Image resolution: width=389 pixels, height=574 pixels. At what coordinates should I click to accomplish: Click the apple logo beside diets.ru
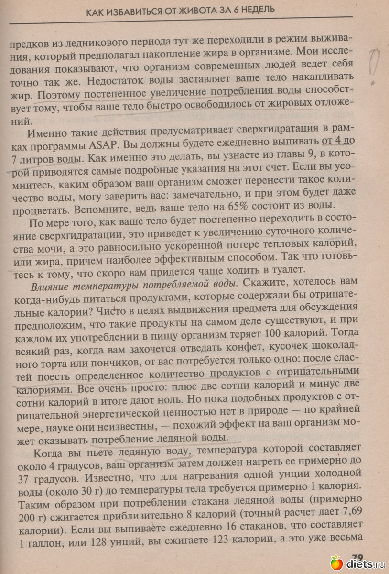[x=336, y=563]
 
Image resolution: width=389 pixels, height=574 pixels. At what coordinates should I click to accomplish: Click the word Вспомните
[x=106, y=206]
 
